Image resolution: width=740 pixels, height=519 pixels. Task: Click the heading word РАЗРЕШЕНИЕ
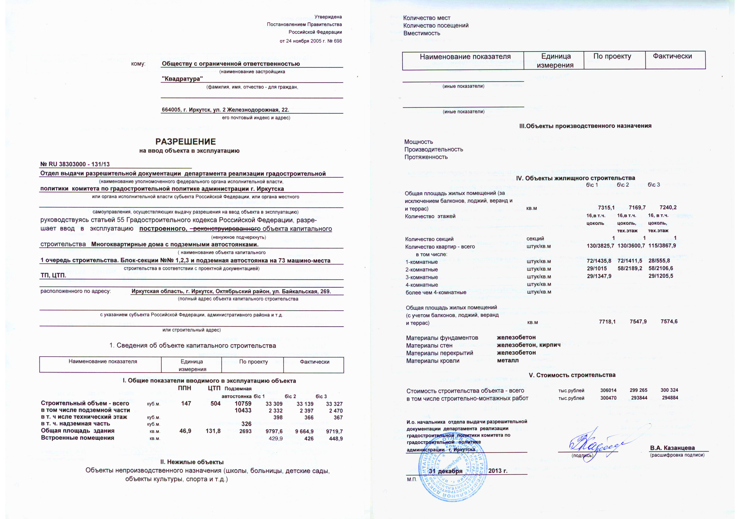(x=186, y=142)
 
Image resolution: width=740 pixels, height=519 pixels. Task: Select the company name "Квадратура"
(x=182, y=79)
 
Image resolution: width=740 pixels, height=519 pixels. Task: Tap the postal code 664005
(x=171, y=110)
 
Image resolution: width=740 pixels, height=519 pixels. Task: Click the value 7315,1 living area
(x=606, y=208)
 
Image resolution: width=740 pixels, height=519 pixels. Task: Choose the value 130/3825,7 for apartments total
(x=600, y=246)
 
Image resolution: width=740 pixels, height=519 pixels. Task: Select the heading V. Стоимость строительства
(x=572, y=375)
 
